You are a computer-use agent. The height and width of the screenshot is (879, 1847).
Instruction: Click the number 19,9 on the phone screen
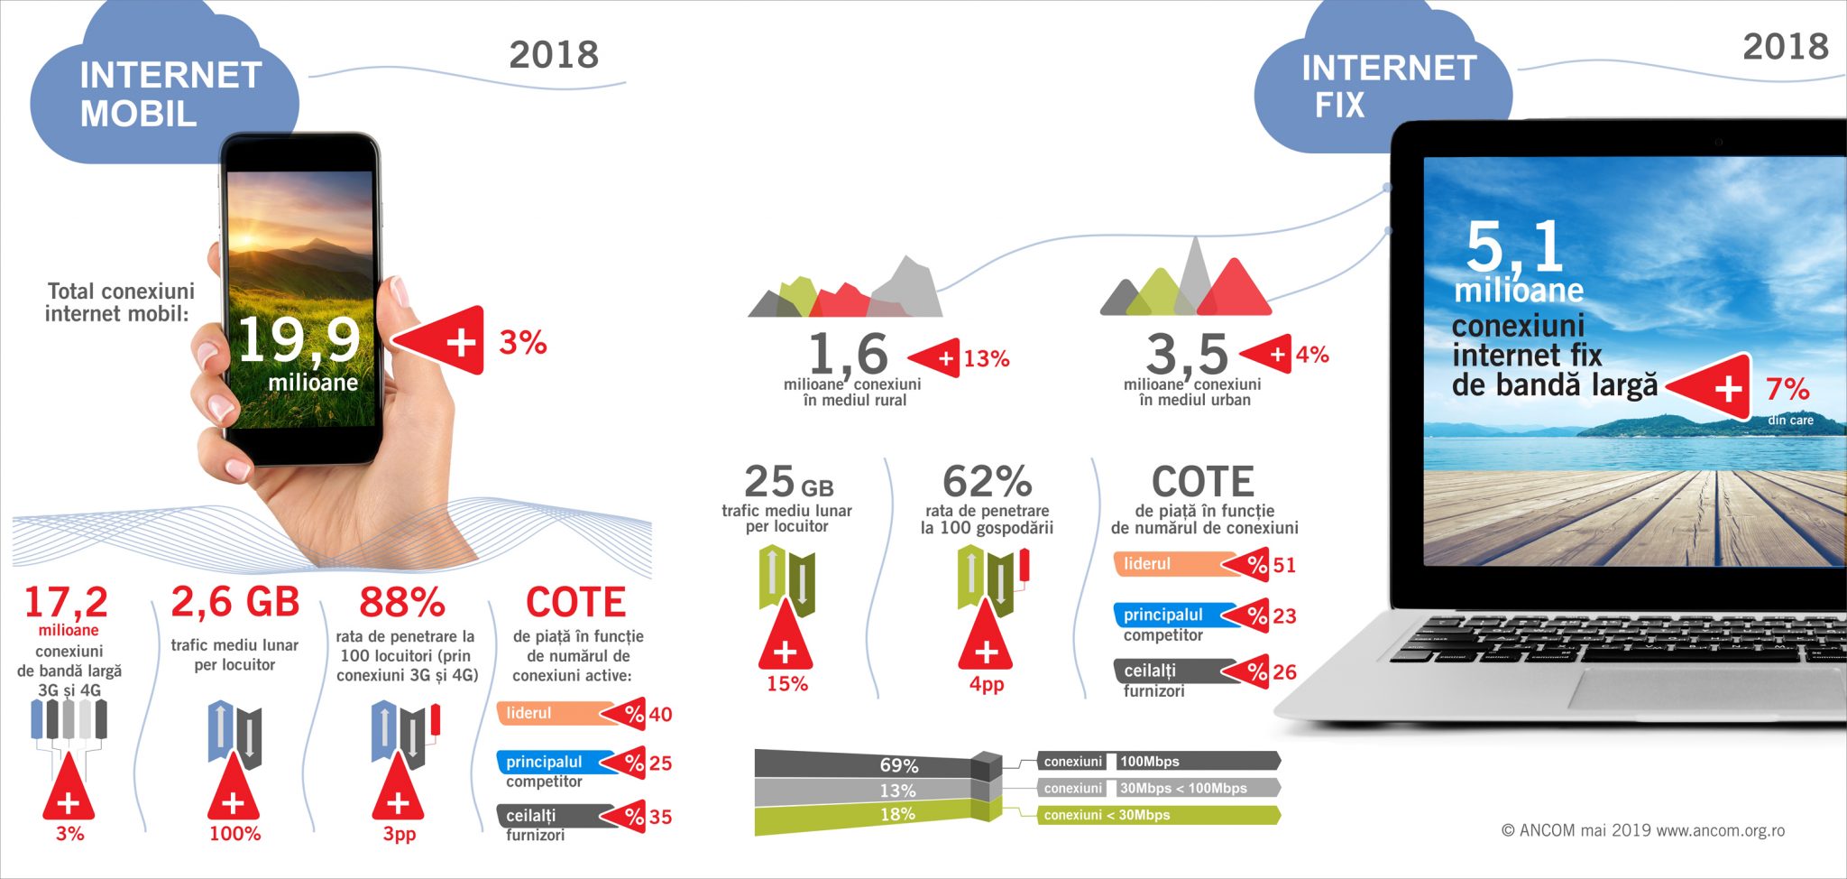(299, 340)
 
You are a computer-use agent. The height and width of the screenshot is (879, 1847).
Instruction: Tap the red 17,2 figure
(66, 602)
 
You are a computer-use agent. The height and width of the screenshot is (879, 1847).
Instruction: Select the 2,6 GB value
(234, 602)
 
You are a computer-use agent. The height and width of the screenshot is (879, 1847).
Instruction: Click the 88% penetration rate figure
(402, 602)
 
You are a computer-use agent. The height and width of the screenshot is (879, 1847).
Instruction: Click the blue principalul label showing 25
(546, 762)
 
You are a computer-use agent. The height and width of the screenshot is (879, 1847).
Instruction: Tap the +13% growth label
(985, 359)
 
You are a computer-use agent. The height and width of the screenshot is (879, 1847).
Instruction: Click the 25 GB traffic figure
(787, 482)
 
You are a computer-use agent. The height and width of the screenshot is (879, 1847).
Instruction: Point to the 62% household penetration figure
(987, 482)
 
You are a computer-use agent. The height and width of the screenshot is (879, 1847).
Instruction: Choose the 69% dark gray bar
(866, 764)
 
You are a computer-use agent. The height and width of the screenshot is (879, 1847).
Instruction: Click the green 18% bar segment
(866, 815)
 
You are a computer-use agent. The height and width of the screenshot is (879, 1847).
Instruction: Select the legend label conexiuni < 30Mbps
(1107, 815)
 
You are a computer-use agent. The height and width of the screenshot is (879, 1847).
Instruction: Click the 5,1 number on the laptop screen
(1515, 245)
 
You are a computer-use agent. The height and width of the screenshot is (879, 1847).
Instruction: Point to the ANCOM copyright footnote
(1642, 830)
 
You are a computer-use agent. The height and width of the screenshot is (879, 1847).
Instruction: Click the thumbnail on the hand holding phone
(399, 291)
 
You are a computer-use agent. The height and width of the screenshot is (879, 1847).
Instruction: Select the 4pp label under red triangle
(987, 684)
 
